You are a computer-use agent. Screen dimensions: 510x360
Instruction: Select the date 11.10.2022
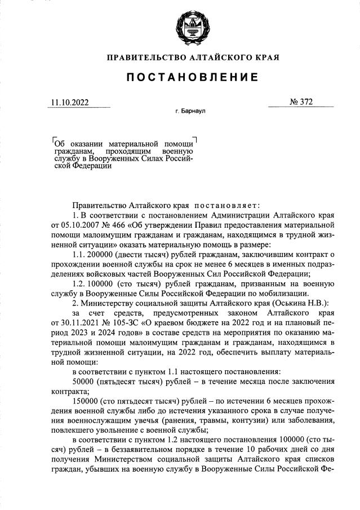click(x=69, y=103)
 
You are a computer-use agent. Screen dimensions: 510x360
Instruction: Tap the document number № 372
click(x=301, y=103)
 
